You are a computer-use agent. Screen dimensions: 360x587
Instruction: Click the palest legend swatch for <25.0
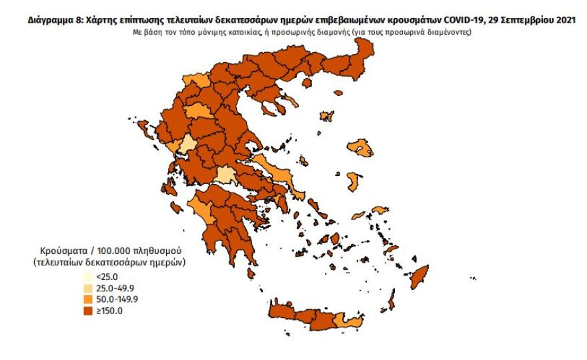[x=89, y=277]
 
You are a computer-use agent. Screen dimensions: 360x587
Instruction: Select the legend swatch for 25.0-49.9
[x=89, y=288]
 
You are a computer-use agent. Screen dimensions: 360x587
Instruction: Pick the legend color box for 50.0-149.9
[x=89, y=299]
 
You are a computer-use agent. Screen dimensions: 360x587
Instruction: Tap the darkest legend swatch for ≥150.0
[x=89, y=310]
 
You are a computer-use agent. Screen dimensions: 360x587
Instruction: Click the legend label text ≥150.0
[x=109, y=310]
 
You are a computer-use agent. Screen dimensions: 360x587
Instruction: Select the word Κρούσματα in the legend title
[x=56, y=251]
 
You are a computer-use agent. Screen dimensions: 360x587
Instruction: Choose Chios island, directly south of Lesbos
[x=354, y=181]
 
